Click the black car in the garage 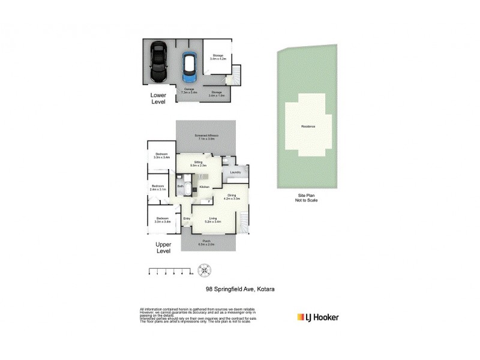(158, 62)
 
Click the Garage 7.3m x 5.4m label (190, 91)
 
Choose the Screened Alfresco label (206, 137)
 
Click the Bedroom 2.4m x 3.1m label (158, 187)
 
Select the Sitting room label (198, 163)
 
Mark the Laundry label (235, 173)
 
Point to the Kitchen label (204, 187)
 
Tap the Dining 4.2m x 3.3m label (232, 196)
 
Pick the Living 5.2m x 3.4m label (212, 220)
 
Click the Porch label (206, 244)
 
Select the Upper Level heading (163, 248)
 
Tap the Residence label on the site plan (308, 127)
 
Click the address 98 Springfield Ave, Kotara (236, 289)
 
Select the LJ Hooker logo (318, 316)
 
